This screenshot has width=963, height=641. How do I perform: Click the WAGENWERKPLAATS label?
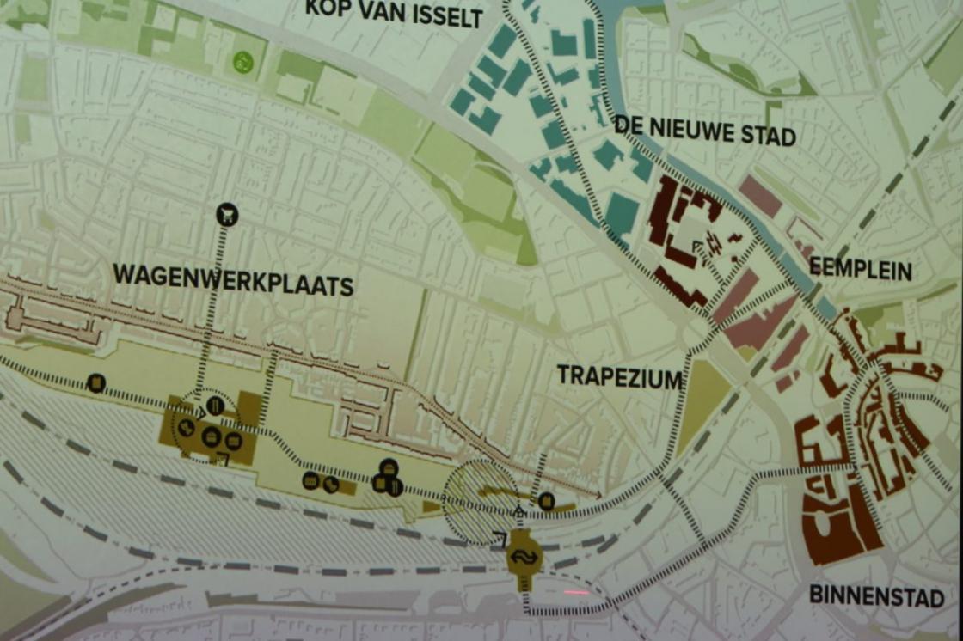232,280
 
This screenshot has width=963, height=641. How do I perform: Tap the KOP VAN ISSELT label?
394,14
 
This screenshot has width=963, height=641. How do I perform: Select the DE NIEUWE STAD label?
704,134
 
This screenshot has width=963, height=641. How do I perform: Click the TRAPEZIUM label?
619,377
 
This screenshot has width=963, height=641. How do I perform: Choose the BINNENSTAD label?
876,596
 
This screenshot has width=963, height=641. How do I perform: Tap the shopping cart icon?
227,214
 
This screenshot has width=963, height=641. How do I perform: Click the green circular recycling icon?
242,62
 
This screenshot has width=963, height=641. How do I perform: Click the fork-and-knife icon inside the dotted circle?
216,405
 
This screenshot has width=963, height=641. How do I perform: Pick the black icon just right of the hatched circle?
546,501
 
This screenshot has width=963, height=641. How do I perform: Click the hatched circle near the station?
480,502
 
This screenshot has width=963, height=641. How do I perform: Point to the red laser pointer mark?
574,592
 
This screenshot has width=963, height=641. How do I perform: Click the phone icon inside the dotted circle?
186,427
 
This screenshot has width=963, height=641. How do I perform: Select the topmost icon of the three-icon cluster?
389,467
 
